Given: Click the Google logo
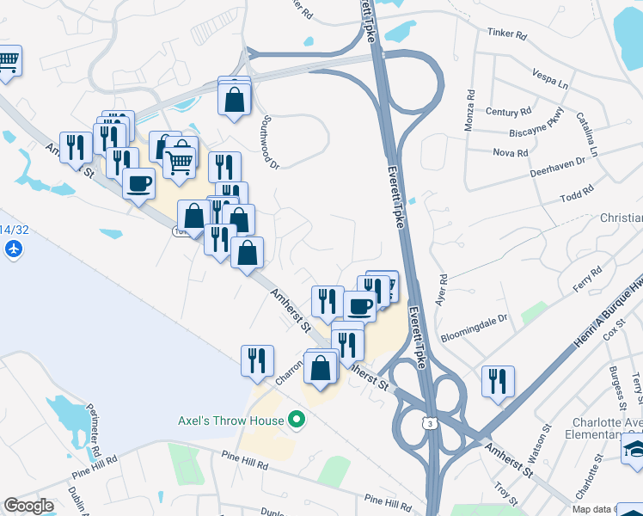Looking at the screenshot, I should pos(29,506).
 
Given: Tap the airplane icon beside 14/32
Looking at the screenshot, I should pos(13,249).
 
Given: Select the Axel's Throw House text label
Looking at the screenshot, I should pos(230,421).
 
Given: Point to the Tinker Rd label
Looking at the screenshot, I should pos(506,34).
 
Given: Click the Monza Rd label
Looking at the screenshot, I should pos(470,109).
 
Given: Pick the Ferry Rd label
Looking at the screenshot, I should pos(587,280).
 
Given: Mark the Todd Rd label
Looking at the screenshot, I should pos(576,193).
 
